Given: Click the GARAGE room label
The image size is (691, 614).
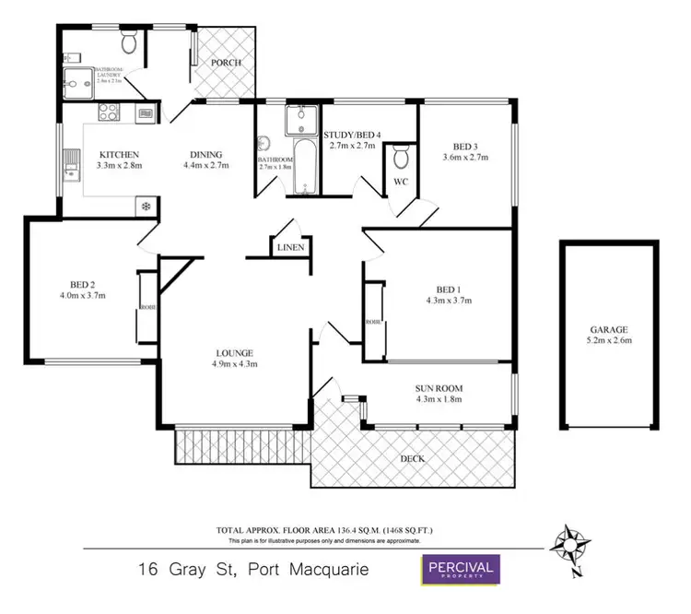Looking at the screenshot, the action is tap(609, 329).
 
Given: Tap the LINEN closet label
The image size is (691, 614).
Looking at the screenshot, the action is tap(289, 248).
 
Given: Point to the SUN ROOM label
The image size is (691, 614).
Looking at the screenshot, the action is tap(438, 387).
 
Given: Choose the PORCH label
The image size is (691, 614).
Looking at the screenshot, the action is tap(225, 63).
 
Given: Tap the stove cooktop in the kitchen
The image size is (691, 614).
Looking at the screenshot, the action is tap(106, 115).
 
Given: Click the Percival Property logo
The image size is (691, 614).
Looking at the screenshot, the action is tap(460, 569).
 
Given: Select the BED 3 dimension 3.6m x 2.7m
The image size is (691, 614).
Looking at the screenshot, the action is tap(464, 158).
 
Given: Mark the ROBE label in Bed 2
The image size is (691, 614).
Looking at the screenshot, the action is tap(146, 308).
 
